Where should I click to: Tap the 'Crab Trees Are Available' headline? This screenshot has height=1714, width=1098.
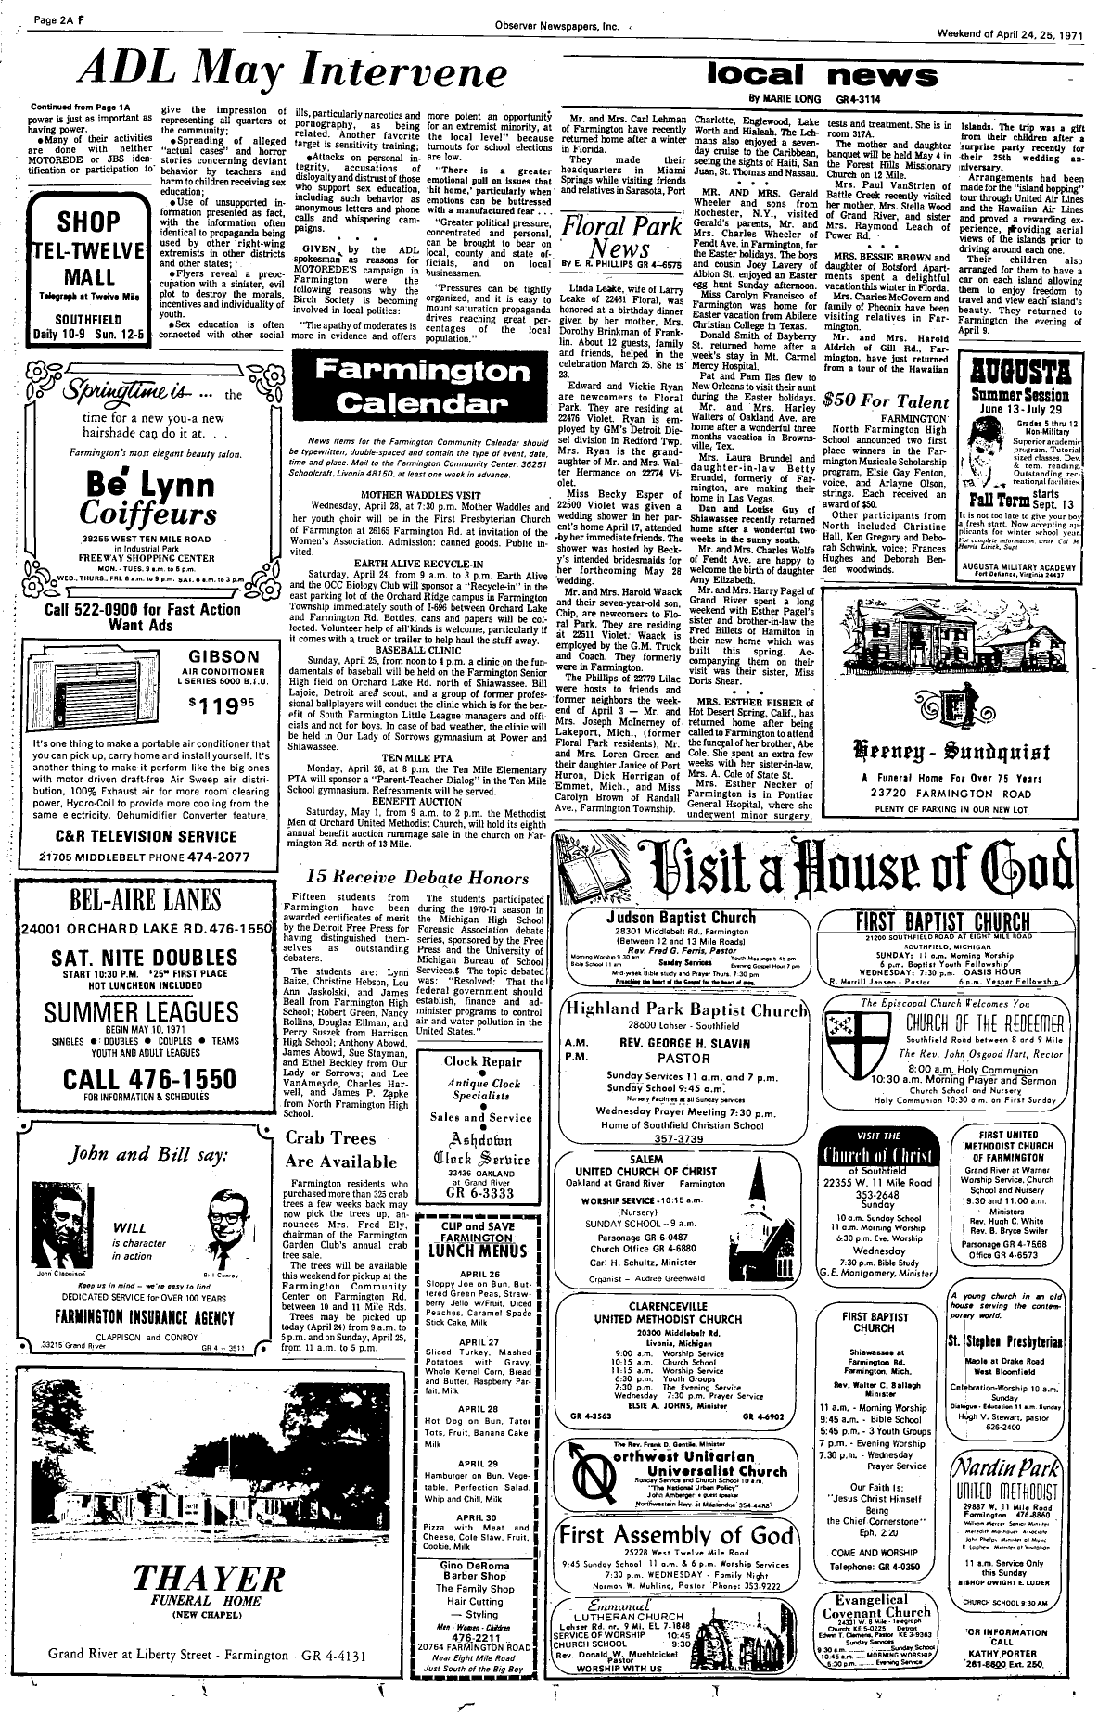[x=341, y=1149]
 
